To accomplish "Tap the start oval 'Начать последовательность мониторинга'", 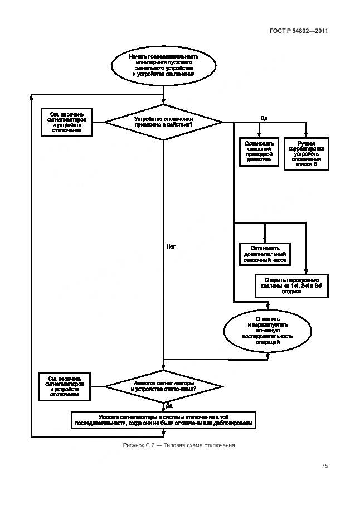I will coord(163,65).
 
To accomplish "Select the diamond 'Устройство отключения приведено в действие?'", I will coord(163,122).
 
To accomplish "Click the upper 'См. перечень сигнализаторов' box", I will coord(67,122).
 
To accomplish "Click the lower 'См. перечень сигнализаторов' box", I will coord(67,385).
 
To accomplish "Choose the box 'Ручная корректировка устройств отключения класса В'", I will coord(307,153).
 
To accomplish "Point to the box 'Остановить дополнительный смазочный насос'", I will coord(265,254).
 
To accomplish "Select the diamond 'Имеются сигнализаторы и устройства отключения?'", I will coord(163,386).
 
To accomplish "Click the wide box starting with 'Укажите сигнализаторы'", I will coord(163,420).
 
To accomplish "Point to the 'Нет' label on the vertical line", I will coord(171,245).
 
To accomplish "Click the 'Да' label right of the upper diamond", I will coord(264,118).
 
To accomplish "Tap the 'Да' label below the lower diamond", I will coord(169,405).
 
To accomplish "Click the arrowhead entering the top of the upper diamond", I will coord(163,101).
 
